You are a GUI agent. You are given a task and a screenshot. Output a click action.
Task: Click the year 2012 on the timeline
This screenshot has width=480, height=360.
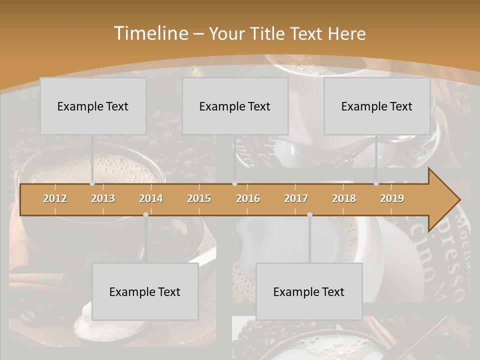(55, 199)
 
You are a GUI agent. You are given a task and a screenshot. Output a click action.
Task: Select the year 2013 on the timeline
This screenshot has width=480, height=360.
(103, 199)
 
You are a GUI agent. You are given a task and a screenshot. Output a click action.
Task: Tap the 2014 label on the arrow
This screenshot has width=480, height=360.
(151, 199)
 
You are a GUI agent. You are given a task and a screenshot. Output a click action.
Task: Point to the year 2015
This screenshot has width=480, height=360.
(199, 199)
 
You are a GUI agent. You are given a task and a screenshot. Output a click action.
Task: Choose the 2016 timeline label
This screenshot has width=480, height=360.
(248, 199)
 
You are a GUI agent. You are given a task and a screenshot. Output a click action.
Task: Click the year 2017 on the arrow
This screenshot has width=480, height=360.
(296, 199)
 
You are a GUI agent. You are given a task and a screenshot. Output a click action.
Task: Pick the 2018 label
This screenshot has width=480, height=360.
(344, 199)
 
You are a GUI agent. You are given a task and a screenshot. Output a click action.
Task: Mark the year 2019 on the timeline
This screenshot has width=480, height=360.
(392, 199)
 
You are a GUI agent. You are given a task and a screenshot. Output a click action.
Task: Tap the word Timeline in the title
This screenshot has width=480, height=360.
(150, 33)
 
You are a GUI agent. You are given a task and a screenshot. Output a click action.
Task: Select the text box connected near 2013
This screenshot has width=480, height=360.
(93, 106)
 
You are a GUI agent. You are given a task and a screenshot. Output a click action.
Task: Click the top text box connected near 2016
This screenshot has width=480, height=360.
(235, 106)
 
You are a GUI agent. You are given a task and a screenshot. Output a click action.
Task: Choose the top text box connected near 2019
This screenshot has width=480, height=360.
(377, 106)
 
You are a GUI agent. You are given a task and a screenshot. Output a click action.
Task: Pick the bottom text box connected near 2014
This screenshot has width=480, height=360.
(145, 292)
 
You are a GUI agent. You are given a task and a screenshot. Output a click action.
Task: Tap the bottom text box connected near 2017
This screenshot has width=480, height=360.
(309, 292)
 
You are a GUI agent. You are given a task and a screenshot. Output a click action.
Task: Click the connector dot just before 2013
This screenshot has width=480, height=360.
(92, 183)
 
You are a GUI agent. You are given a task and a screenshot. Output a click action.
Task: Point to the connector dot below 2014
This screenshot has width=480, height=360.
(145, 214)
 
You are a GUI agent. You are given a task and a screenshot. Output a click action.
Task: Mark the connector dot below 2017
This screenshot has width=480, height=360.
(309, 214)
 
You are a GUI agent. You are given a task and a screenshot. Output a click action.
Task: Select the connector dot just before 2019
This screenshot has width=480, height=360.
(376, 183)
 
